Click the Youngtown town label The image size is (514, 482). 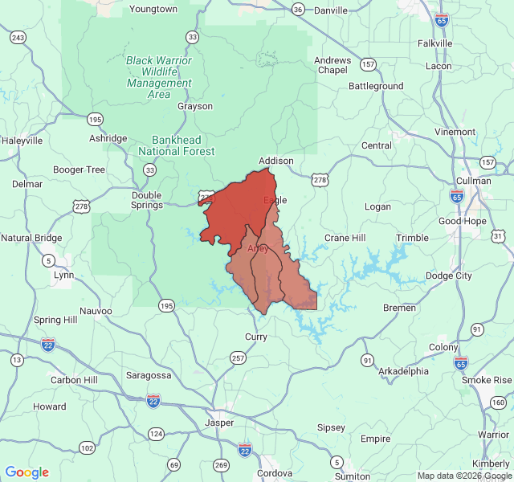click(x=153, y=9)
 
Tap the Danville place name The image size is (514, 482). click(x=330, y=10)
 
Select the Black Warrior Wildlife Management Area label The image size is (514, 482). click(x=159, y=77)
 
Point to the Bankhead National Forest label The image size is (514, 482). click(x=177, y=145)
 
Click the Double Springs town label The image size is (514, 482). click(x=146, y=200)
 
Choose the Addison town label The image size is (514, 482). click(x=276, y=161)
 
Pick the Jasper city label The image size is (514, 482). click(x=219, y=422)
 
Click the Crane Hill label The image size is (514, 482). click(x=345, y=238)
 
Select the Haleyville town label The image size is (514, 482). click(x=22, y=141)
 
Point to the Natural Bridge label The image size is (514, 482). click(x=31, y=238)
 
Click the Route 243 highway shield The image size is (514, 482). click(x=18, y=37)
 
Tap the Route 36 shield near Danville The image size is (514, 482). click(x=298, y=10)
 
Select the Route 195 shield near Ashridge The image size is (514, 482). click(x=96, y=119)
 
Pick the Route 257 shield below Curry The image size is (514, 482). click(x=238, y=357)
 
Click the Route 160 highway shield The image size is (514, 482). click(x=498, y=402)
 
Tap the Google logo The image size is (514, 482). click(x=27, y=472)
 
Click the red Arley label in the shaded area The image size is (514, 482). click(x=258, y=248)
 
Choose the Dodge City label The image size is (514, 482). click(x=449, y=276)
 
